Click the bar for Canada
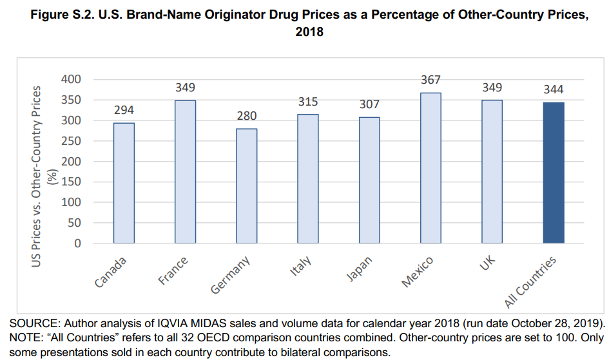(x=124, y=183)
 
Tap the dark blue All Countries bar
(x=553, y=173)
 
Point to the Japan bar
(x=369, y=180)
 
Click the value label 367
(x=430, y=80)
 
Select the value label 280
(x=246, y=116)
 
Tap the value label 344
(x=553, y=90)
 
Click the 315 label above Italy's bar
(x=308, y=102)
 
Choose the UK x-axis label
(x=489, y=262)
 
